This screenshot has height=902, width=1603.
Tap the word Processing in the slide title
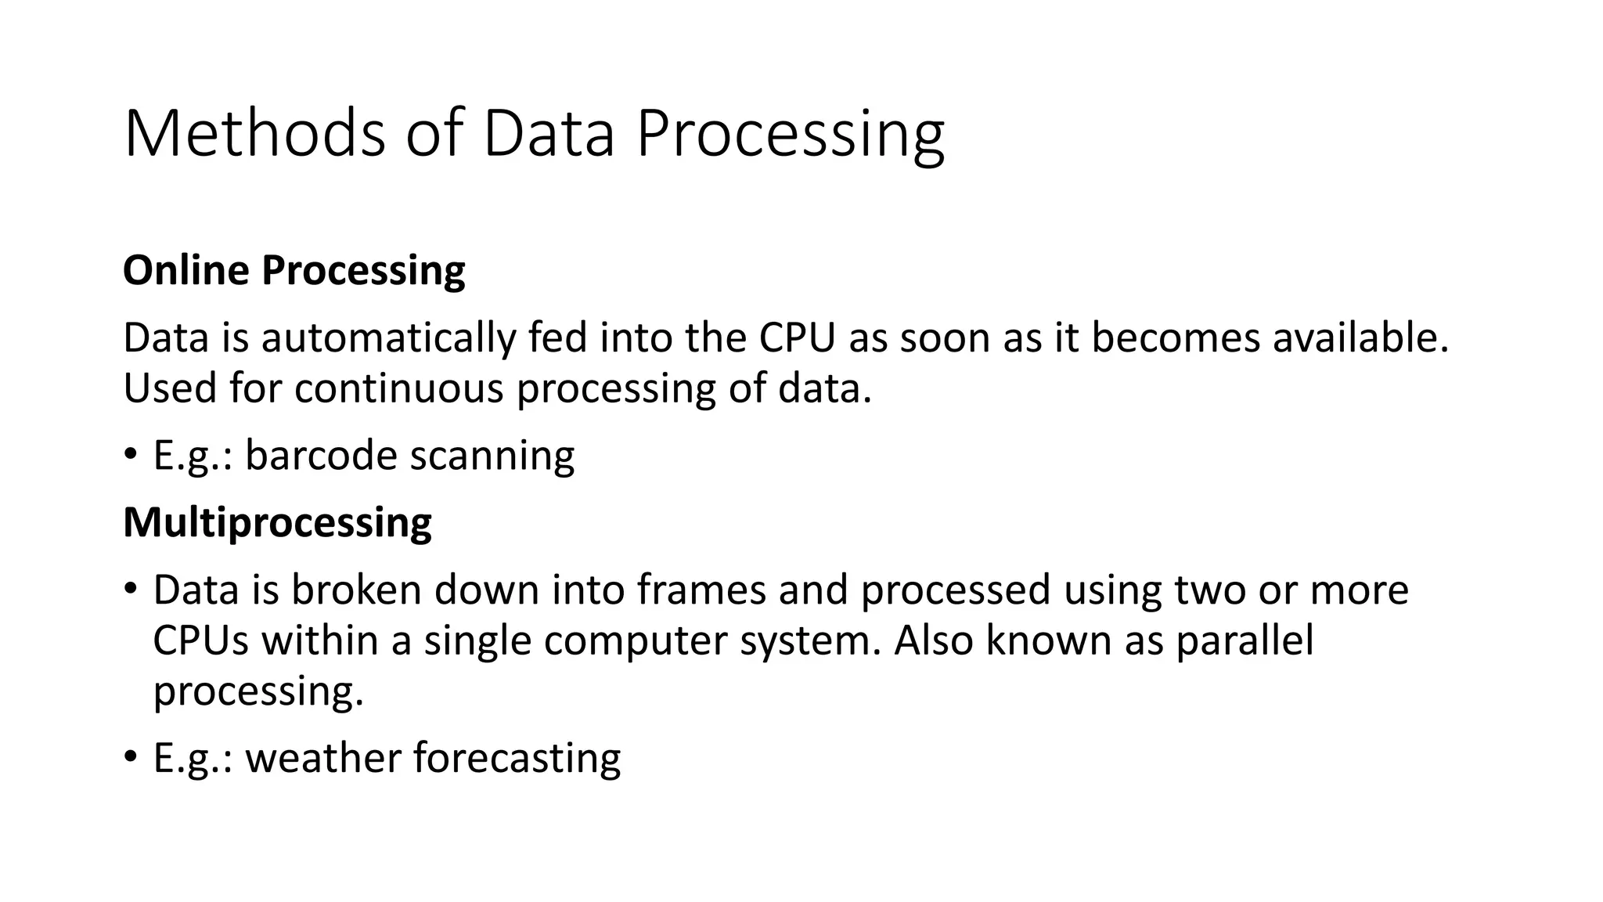pyautogui.click(x=791, y=135)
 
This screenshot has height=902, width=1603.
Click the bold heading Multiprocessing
pyautogui.click(x=277, y=522)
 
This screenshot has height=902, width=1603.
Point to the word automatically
pyautogui.click(x=388, y=338)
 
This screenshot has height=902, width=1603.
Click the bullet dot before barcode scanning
pyautogui.click(x=131, y=453)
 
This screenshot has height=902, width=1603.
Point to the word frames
pyautogui.click(x=701, y=590)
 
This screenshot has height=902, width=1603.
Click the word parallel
pyautogui.click(x=1245, y=640)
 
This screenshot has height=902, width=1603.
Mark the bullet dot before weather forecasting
pyautogui.click(x=131, y=756)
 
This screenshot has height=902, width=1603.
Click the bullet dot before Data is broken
pyautogui.click(x=131, y=588)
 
